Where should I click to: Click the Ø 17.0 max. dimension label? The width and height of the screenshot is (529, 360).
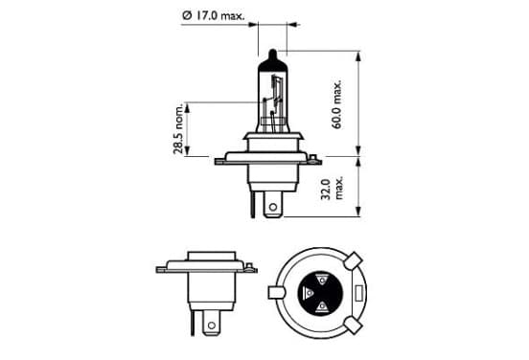point(213,16)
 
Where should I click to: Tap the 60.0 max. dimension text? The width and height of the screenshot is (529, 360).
point(336,104)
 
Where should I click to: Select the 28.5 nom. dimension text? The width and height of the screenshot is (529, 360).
point(178,128)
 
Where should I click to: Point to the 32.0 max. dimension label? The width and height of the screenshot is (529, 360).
point(333,189)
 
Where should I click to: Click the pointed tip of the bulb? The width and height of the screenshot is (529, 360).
point(272,51)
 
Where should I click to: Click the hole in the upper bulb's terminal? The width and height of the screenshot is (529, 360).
point(273,207)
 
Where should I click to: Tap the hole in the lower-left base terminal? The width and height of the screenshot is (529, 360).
point(212,326)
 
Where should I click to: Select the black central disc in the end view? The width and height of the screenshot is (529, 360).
point(319,293)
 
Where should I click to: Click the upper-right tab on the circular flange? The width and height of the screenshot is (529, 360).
point(354,260)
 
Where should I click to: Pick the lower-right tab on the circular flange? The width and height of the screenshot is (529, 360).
point(354,325)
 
